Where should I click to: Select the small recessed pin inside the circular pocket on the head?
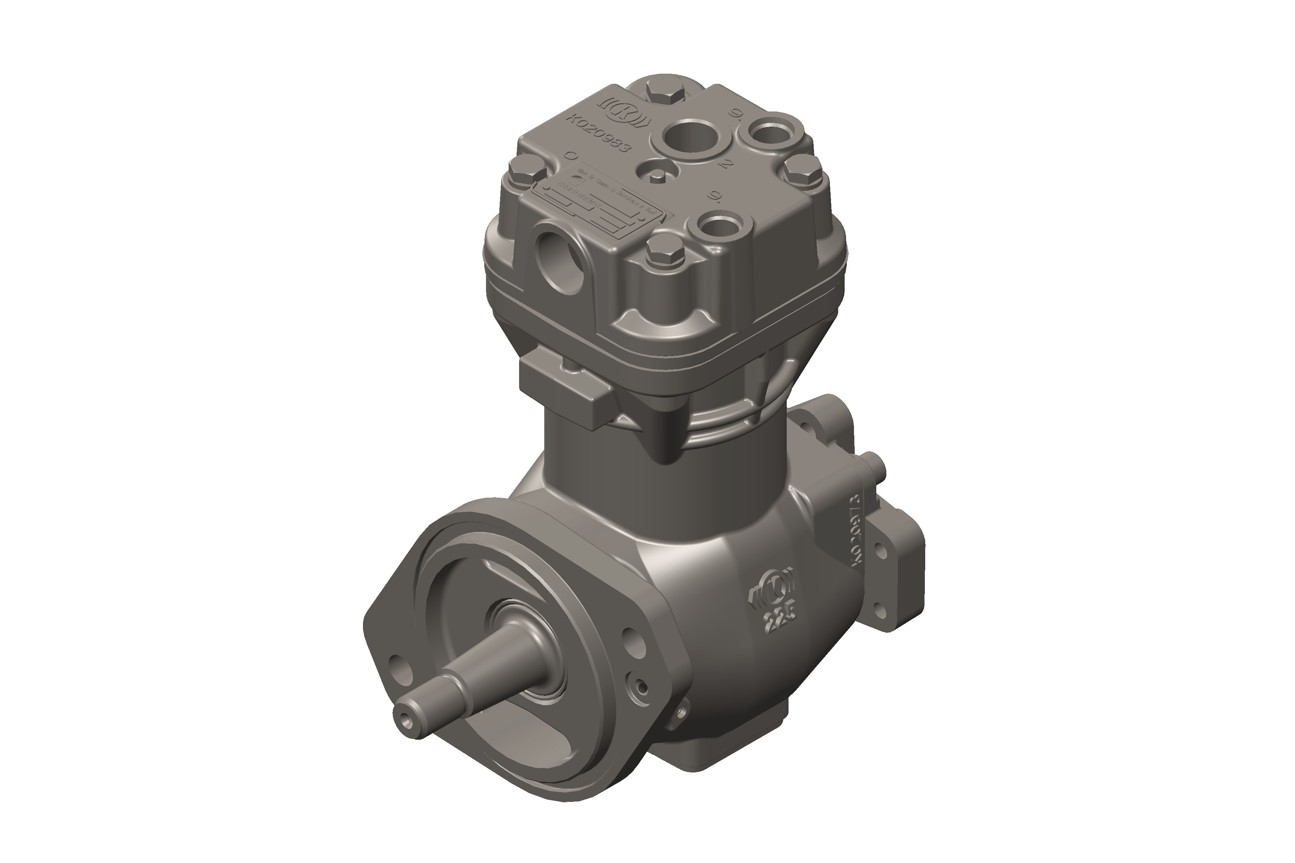pos(659,175)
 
